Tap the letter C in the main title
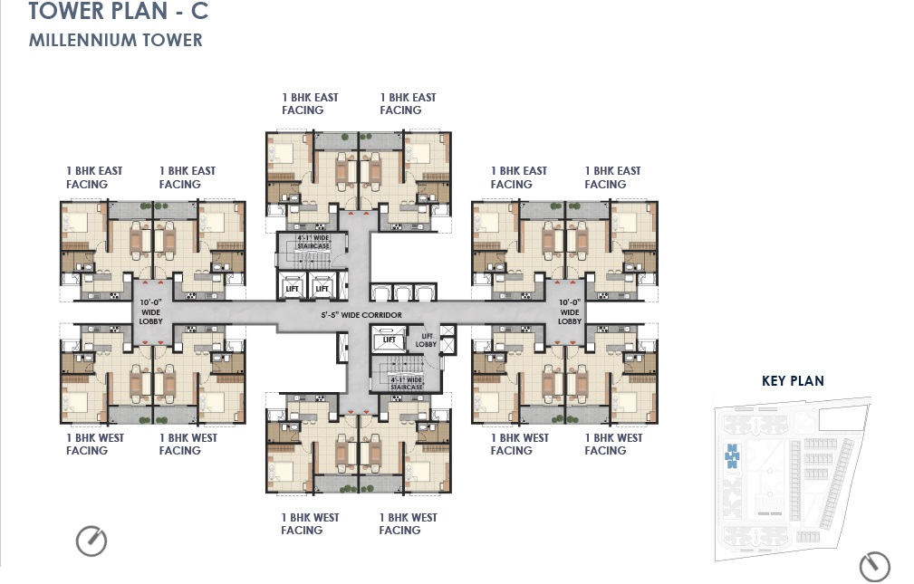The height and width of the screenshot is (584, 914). click(x=198, y=12)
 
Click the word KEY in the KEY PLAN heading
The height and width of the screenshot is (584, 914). click(x=775, y=380)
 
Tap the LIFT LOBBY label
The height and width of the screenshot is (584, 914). click(x=426, y=340)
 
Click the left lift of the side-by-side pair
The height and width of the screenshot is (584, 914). click(x=292, y=288)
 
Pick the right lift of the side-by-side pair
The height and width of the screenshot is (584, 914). click(x=321, y=288)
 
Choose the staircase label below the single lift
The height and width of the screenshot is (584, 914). click(x=406, y=382)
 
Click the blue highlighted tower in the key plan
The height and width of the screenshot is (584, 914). click(x=733, y=454)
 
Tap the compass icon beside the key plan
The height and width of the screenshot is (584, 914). click(x=874, y=566)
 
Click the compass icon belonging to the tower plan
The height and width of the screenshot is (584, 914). click(x=91, y=541)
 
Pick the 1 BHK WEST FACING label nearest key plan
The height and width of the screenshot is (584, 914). click(x=612, y=444)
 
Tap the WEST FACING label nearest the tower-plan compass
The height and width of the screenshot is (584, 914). click(x=95, y=444)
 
